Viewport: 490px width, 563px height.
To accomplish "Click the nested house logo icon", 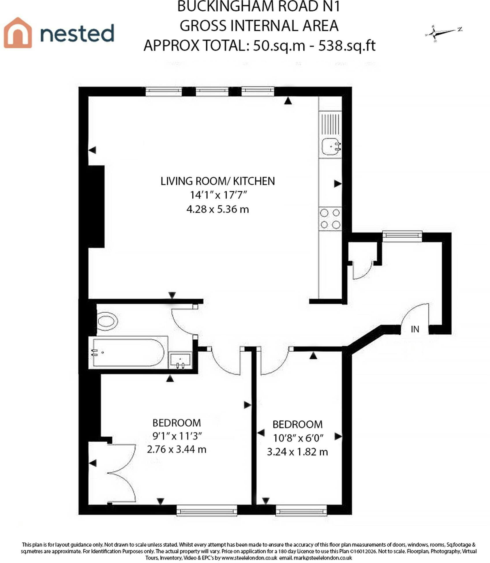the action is point(18,32).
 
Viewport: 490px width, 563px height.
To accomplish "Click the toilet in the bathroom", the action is point(107,321).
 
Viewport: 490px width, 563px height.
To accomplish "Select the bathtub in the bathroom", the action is point(128,352).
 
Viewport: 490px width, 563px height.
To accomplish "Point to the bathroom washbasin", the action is point(181,360).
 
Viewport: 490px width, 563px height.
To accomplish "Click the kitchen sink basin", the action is point(331,147).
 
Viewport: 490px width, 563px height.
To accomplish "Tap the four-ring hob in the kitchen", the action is point(330,219).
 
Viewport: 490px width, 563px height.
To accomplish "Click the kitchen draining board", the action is point(330,124).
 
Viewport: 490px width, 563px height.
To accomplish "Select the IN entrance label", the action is point(415,329).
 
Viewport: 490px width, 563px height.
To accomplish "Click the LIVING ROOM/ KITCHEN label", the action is point(217,181).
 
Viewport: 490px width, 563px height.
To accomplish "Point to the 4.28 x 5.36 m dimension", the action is point(217,209).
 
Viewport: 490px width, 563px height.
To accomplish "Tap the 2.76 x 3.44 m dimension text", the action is point(177,449).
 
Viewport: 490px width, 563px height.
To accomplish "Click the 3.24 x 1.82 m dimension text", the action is point(297,452).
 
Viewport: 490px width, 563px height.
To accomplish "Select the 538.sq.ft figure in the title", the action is point(347,45).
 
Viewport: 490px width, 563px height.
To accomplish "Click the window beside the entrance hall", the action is point(402,235).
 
